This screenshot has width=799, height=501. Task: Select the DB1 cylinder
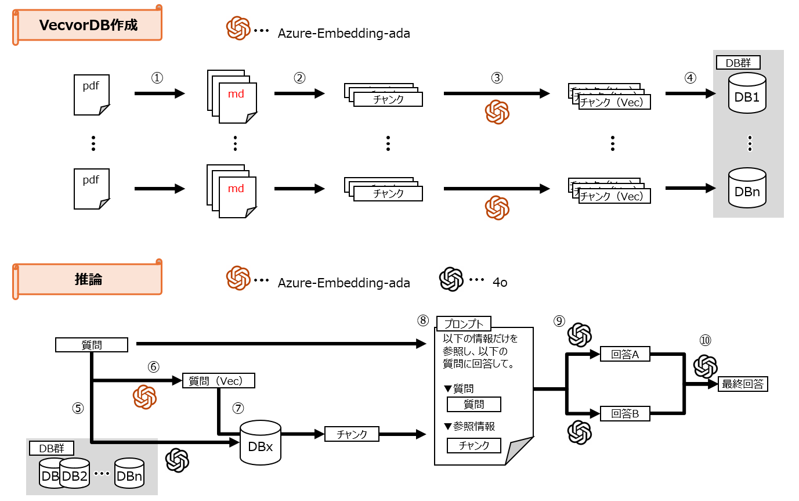(x=747, y=93)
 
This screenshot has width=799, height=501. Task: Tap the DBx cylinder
(x=261, y=443)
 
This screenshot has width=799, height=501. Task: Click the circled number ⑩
(x=705, y=341)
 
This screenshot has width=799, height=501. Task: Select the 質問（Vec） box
(x=219, y=380)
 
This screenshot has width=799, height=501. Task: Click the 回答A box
(x=625, y=354)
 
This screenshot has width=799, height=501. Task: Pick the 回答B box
(x=625, y=414)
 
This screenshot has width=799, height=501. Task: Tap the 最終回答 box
(x=743, y=384)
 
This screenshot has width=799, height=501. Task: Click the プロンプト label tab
(x=464, y=323)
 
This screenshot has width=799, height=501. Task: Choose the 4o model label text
(x=500, y=283)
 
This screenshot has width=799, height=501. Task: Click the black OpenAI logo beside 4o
(x=451, y=279)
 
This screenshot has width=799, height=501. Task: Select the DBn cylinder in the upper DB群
(x=747, y=188)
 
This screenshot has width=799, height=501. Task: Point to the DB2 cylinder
(x=74, y=474)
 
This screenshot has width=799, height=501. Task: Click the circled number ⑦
(x=237, y=408)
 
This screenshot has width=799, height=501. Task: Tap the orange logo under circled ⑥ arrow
(x=144, y=397)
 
